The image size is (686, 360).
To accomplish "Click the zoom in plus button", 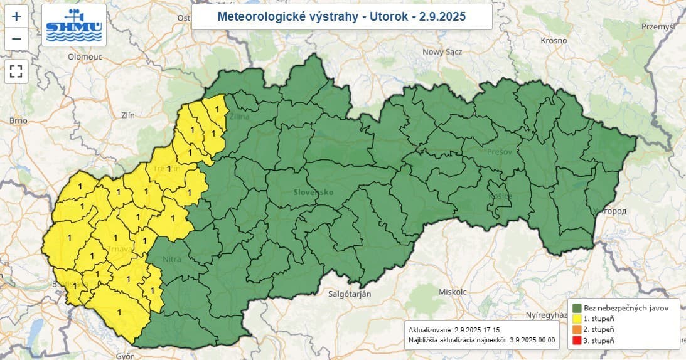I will tap(16, 16).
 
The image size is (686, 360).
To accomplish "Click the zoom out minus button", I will tap(16, 39).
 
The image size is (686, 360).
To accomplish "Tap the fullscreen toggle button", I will tap(16, 71).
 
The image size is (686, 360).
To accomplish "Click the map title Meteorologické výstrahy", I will tap(341, 17).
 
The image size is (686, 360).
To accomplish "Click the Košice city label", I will tap(501, 196).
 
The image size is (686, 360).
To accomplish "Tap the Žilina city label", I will tap(239, 117).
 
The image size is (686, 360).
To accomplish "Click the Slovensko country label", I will tap(313, 192).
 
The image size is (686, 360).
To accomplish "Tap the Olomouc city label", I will tap(85, 56).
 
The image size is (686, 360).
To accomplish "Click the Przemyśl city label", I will tap(657, 26).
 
